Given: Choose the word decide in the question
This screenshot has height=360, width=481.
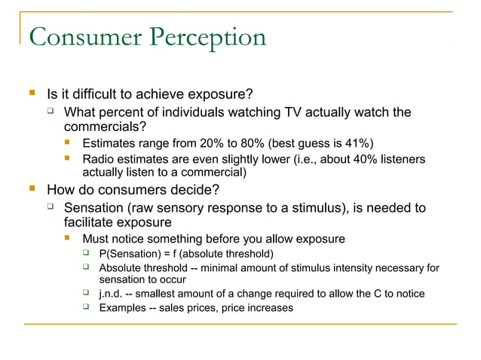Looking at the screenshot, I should pos(191,189).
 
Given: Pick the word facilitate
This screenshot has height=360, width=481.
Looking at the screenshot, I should pos(90,223).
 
